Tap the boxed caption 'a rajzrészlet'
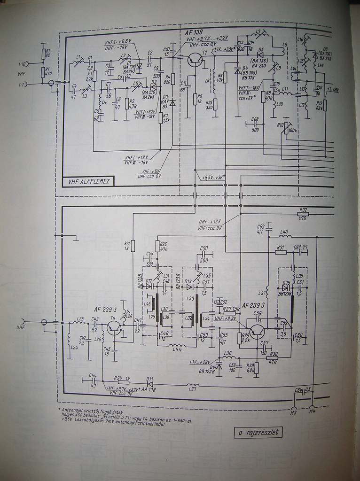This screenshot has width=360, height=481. click(258, 432)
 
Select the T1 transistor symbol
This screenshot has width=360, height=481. click(195, 60)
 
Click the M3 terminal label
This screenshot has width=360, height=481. click(294, 412)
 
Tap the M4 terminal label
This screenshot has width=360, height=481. click(312, 412)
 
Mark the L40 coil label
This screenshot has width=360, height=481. click(284, 231)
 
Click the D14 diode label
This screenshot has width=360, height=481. click(212, 367)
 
